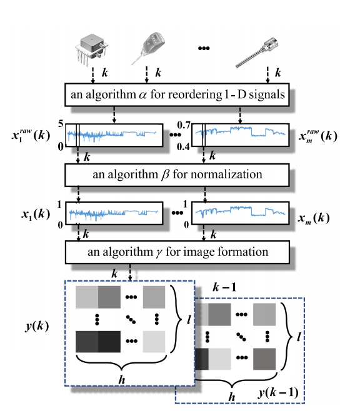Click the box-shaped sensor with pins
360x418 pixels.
pos(91,49)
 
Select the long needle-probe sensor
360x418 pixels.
pos(257,53)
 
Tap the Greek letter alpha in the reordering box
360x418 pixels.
pos(142,95)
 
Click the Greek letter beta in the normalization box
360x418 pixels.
pos(166,175)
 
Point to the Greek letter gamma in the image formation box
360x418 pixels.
pos(159,253)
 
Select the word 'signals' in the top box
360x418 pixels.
pos(267,95)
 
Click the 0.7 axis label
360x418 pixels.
pos(184,125)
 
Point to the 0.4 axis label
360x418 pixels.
pos(183,146)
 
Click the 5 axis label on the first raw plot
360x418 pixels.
pos(61,124)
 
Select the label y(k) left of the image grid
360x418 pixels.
pos(37,326)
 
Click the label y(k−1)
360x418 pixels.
pos(278,393)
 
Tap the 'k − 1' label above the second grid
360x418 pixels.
pos(224,287)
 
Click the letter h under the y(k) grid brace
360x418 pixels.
pos(122,379)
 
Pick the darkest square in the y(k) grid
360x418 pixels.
pos(109,342)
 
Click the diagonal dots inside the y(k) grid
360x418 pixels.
pos(131,319)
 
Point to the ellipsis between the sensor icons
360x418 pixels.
pos(204,48)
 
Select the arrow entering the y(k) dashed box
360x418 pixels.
pos(130,272)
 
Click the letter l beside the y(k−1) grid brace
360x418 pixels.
pos(299,337)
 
